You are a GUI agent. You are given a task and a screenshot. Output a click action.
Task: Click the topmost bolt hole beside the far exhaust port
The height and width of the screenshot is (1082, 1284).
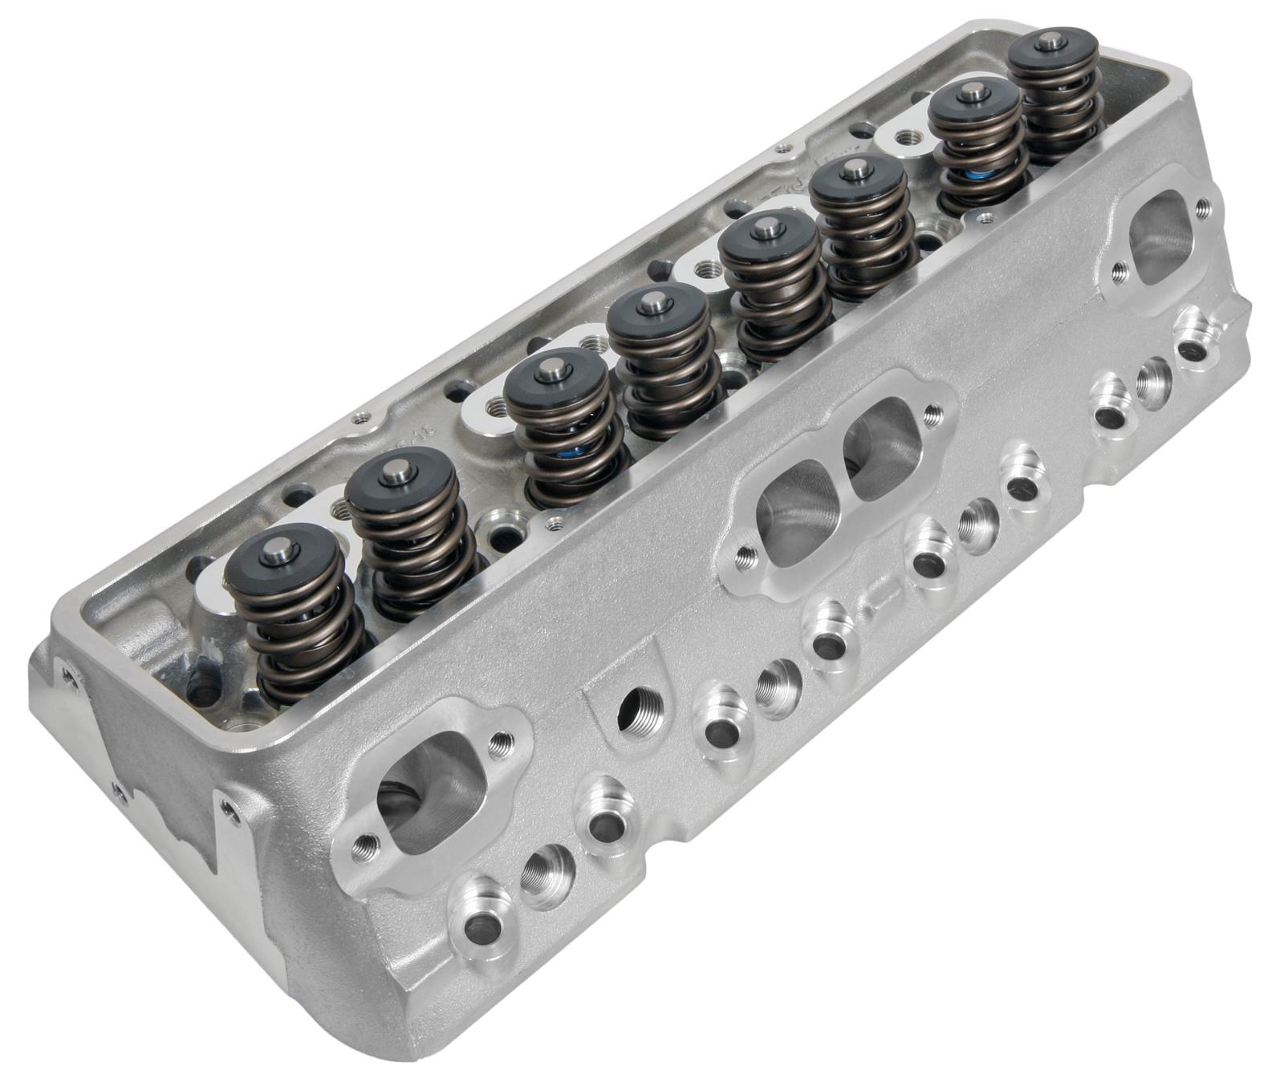[1200, 209]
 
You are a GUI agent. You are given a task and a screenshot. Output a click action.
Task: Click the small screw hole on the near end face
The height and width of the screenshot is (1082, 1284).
[119, 789]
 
